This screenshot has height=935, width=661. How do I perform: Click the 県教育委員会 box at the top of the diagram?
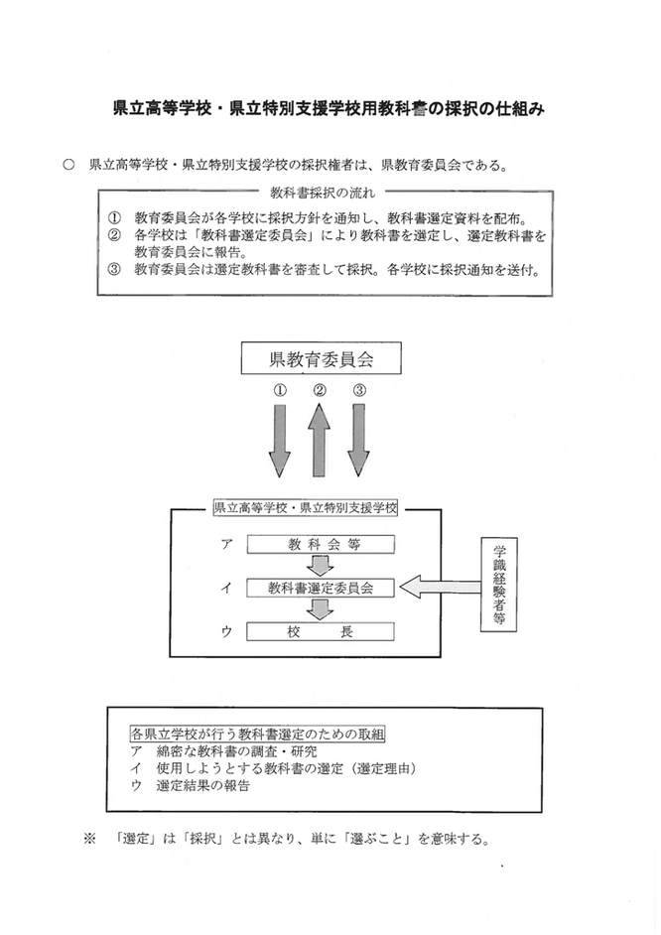(321, 357)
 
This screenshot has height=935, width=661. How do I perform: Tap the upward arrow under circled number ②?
(319, 440)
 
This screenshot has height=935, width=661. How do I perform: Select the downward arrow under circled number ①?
(280, 440)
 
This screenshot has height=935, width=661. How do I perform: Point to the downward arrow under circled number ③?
(358, 440)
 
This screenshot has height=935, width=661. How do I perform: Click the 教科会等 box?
(321, 544)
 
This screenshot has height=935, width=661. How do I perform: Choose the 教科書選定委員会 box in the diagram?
(321, 588)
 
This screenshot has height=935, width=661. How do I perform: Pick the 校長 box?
(321, 631)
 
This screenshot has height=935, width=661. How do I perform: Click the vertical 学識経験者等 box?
(499, 585)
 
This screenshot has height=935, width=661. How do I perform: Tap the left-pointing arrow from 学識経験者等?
(440, 588)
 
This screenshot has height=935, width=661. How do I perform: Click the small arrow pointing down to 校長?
(321, 609)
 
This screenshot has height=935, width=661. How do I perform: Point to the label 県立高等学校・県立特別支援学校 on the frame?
(305, 508)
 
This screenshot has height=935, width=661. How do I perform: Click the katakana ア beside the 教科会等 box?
(226, 544)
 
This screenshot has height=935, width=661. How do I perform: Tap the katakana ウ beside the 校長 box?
(226, 631)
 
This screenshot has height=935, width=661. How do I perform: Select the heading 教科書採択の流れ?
(323, 193)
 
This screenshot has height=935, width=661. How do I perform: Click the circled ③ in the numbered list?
(114, 269)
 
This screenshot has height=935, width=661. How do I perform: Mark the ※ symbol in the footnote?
(89, 839)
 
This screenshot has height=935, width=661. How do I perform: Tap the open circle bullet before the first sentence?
(68, 165)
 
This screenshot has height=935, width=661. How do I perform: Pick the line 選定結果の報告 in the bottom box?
(202, 785)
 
